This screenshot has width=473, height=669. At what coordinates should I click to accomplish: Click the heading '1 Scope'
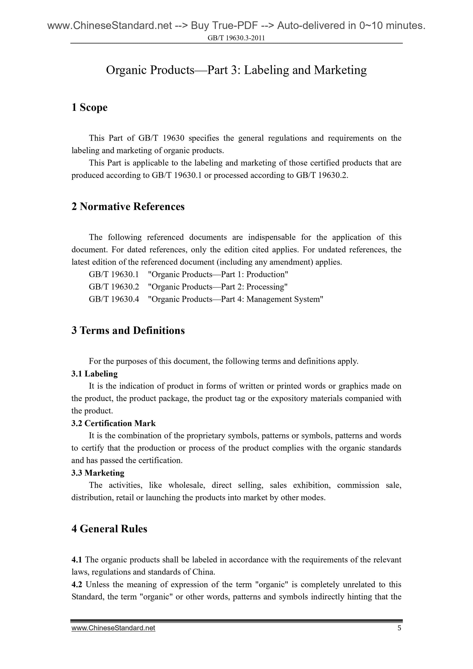click(x=89, y=107)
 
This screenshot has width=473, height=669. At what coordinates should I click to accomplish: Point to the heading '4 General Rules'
click(x=109, y=529)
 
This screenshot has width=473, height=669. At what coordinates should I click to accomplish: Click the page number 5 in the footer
click(x=399, y=628)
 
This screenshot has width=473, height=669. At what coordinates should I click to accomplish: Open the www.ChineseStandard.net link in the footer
click(x=113, y=628)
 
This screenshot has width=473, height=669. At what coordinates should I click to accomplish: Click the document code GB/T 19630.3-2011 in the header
click(x=236, y=38)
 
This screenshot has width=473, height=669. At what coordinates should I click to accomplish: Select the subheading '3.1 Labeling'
click(x=94, y=374)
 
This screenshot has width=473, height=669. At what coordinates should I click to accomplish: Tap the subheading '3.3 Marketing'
click(x=98, y=473)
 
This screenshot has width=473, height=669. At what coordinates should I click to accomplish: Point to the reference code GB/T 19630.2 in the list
click(x=114, y=287)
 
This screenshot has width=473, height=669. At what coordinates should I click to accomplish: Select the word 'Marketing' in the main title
click(x=340, y=70)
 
